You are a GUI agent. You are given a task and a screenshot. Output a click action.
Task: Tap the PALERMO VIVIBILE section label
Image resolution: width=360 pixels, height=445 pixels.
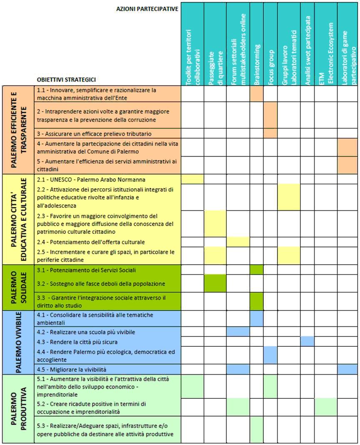[19, 342]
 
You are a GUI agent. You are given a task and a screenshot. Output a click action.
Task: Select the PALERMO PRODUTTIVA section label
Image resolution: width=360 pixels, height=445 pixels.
[19, 408]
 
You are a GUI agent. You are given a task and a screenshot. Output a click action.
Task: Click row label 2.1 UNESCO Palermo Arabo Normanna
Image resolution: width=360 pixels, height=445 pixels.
[91, 179]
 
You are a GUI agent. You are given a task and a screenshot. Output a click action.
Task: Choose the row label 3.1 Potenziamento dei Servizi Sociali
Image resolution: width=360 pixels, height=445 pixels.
[86, 270]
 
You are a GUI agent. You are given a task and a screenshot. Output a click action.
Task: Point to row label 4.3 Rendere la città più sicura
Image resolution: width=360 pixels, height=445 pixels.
[77, 342]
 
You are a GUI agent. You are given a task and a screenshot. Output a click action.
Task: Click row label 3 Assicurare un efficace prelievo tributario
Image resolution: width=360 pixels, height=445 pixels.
[94, 134]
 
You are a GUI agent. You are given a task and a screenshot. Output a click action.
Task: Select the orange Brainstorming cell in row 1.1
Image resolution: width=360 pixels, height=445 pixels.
[257, 94]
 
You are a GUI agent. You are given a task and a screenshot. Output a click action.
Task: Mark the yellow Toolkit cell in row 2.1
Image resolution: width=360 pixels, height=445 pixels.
[192, 179]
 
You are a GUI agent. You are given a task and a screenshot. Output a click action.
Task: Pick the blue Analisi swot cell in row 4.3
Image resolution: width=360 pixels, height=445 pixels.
[307, 341]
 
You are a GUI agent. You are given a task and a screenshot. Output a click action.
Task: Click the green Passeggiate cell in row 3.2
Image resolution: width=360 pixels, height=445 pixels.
[215, 283]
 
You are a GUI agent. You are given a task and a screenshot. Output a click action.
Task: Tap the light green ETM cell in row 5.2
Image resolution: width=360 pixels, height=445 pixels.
[326, 407]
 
